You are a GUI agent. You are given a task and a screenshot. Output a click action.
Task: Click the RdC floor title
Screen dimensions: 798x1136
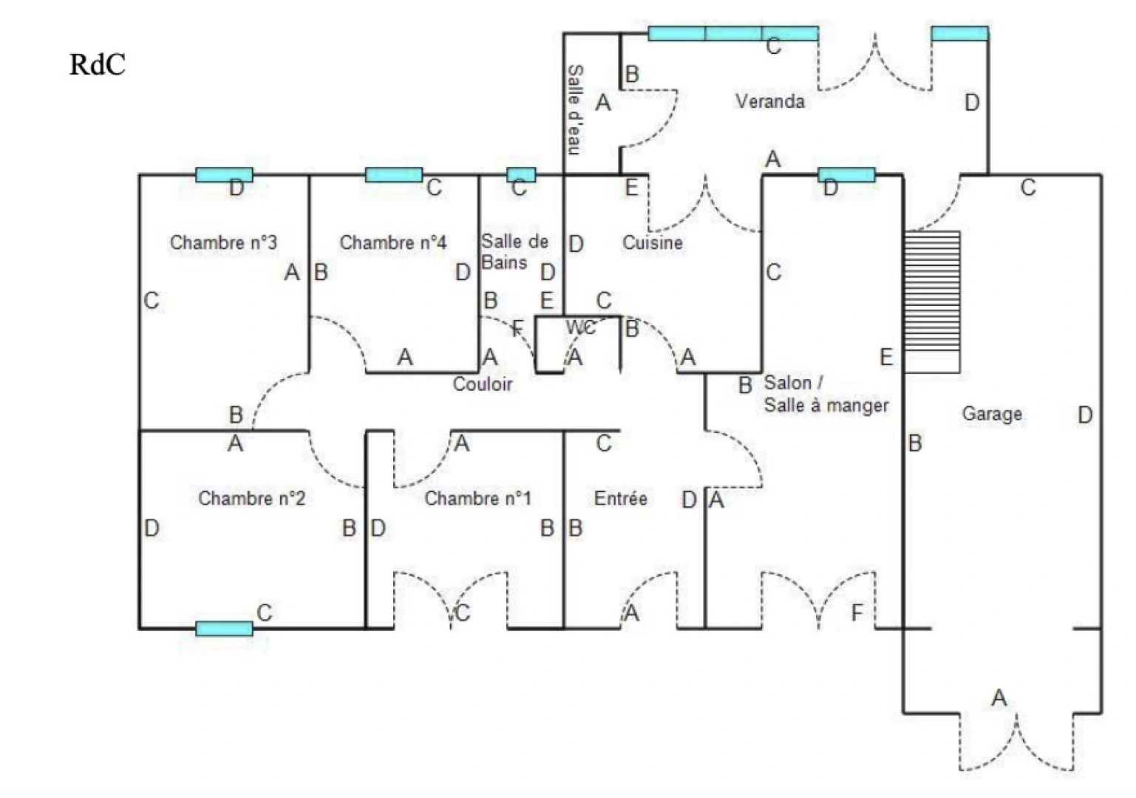[97, 65]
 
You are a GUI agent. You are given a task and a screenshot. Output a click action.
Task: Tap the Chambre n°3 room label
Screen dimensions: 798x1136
[223, 242]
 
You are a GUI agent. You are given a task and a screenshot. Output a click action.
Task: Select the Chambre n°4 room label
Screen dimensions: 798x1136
[392, 242]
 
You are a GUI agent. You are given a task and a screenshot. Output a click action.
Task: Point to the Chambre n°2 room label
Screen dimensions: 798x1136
[251, 498]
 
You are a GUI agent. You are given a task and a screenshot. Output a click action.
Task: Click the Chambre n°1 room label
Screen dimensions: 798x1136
[477, 498]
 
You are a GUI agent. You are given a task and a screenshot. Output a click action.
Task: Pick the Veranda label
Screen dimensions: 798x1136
[769, 101]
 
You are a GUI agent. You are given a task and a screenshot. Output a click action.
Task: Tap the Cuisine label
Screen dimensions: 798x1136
[652, 242]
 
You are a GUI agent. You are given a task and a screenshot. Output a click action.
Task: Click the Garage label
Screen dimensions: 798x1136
[991, 414]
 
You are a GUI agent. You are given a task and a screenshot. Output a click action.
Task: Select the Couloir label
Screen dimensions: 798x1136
[482, 383]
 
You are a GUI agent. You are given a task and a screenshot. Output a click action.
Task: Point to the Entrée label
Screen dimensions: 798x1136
[620, 499]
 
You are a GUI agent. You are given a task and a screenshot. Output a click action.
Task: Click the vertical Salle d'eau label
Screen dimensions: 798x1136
[574, 109]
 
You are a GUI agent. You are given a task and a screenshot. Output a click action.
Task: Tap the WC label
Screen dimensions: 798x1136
[581, 327]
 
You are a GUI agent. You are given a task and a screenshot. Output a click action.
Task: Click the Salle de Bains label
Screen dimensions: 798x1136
[514, 252]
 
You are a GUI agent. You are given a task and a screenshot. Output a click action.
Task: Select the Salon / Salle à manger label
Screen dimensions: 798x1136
[826, 394]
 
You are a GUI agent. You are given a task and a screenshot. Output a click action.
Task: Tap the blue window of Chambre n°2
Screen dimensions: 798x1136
[224, 629]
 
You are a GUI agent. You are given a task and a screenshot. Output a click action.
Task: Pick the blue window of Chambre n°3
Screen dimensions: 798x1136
[224, 175]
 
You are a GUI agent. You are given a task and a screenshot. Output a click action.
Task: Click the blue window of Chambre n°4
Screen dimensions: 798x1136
[394, 175]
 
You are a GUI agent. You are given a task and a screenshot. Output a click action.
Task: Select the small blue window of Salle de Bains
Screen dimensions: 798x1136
[521, 175]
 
